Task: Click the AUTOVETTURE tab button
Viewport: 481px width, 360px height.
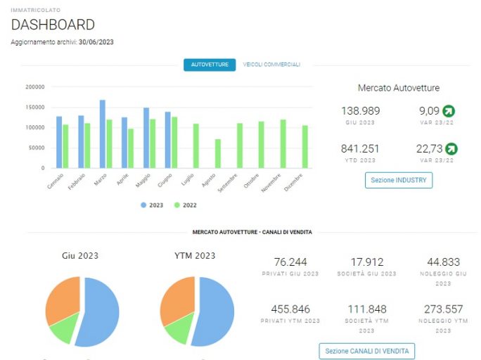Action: pyautogui.click(x=210, y=65)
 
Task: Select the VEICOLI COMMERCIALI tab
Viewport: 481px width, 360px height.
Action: pyautogui.click(x=271, y=65)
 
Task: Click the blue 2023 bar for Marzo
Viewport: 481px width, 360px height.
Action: pyautogui.click(x=103, y=134)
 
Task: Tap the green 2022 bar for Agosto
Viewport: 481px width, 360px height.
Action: pyautogui.click(x=218, y=153)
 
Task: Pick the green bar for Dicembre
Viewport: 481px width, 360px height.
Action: pyautogui.click(x=305, y=146)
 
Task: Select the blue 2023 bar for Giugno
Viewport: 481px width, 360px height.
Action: pyautogui.click(x=168, y=140)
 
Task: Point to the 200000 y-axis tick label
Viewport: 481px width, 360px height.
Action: pyautogui.click(x=35, y=87)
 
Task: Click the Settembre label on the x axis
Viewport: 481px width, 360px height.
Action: pyautogui.click(x=228, y=183)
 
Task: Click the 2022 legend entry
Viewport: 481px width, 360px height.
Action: pyautogui.click(x=185, y=205)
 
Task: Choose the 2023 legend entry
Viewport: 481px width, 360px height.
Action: pyautogui.click(x=152, y=205)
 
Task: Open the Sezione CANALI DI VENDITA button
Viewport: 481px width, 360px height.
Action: pyautogui.click(x=367, y=351)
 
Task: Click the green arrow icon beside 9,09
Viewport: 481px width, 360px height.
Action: pyautogui.click(x=449, y=111)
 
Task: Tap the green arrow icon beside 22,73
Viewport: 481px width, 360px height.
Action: pyautogui.click(x=451, y=149)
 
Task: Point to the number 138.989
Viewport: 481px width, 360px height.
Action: pyautogui.click(x=361, y=110)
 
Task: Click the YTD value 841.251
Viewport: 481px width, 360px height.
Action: pyautogui.click(x=360, y=149)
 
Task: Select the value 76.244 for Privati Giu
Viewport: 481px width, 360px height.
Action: pyautogui.click(x=290, y=262)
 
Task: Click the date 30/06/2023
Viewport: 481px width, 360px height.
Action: pyautogui.click(x=96, y=42)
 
